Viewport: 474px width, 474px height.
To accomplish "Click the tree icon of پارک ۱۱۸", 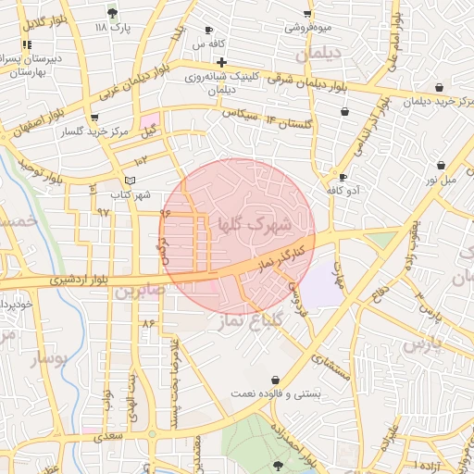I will coord(113,13).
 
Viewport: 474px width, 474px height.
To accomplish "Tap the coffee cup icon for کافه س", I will coord(208,31).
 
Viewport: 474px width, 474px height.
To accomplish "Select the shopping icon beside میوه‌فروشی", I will coord(307,14).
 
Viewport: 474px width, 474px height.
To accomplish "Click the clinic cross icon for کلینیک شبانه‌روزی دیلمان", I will coord(220,62).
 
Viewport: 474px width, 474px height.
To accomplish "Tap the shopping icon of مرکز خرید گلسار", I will coord(94,118).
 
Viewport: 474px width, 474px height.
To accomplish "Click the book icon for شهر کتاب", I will coord(130,181).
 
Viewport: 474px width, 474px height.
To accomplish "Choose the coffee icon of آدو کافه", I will coord(343,177).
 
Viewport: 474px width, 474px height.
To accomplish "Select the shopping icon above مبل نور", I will coord(441,166).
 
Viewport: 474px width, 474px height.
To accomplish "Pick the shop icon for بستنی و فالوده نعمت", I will coord(276,380).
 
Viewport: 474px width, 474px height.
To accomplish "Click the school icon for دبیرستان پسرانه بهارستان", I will coord(27,44).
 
